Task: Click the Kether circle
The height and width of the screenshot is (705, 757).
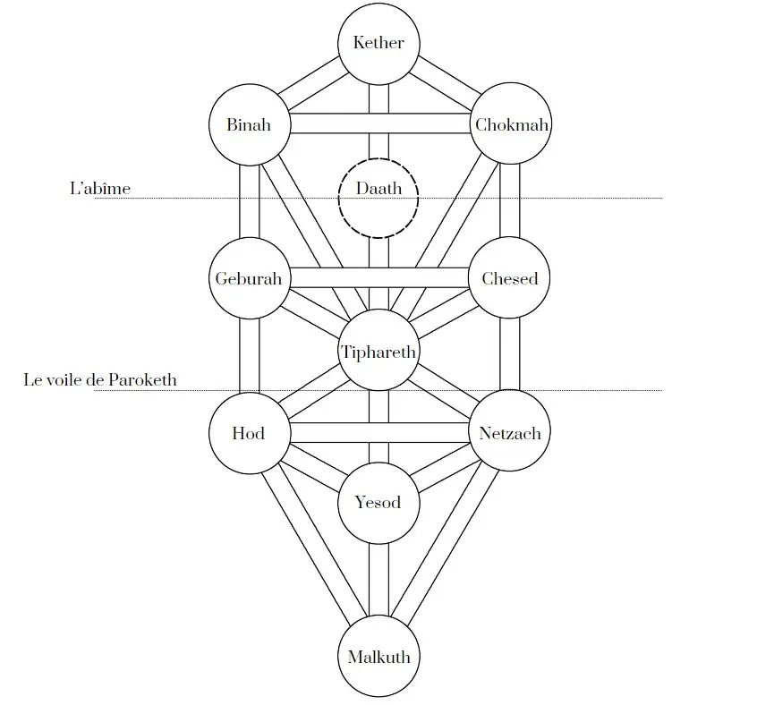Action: tap(378, 43)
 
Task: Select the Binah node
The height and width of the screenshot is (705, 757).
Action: tap(248, 125)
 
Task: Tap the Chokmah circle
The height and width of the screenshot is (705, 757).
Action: tap(511, 125)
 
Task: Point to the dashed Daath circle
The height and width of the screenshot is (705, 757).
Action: tap(378, 198)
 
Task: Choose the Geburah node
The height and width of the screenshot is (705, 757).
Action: tap(248, 278)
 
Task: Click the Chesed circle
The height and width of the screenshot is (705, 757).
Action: tap(509, 278)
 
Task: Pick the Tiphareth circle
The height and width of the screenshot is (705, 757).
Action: tap(378, 351)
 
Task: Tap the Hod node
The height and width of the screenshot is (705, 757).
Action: tap(248, 433)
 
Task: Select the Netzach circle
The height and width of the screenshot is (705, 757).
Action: tap(509, 433)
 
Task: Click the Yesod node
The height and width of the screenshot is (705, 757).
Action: tap(378, 503)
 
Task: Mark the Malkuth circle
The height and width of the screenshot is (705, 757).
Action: tap(378, 657)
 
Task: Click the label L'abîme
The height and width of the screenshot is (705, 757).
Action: tap(100, 189)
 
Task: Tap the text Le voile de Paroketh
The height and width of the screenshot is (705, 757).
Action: tap(100, 380)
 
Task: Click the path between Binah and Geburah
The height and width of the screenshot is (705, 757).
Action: tap(249, 201)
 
